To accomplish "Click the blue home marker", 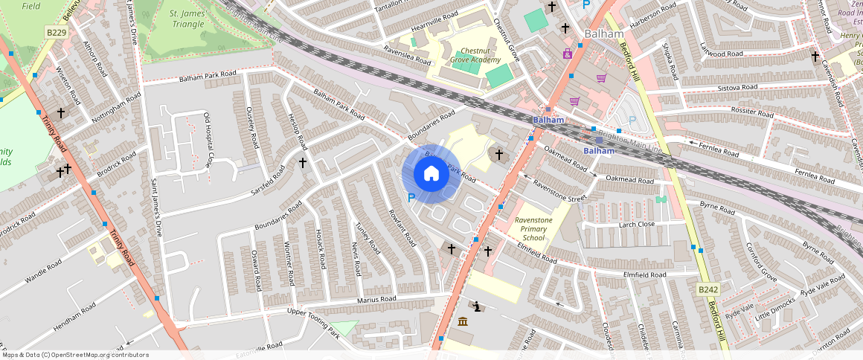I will coord(431,174).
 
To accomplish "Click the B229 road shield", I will coord(56,33).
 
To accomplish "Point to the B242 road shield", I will coord(708,289).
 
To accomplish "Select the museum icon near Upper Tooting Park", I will coord(463,321).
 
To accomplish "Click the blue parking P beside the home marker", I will coord(411,198).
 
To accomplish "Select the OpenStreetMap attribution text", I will coord(75,355).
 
